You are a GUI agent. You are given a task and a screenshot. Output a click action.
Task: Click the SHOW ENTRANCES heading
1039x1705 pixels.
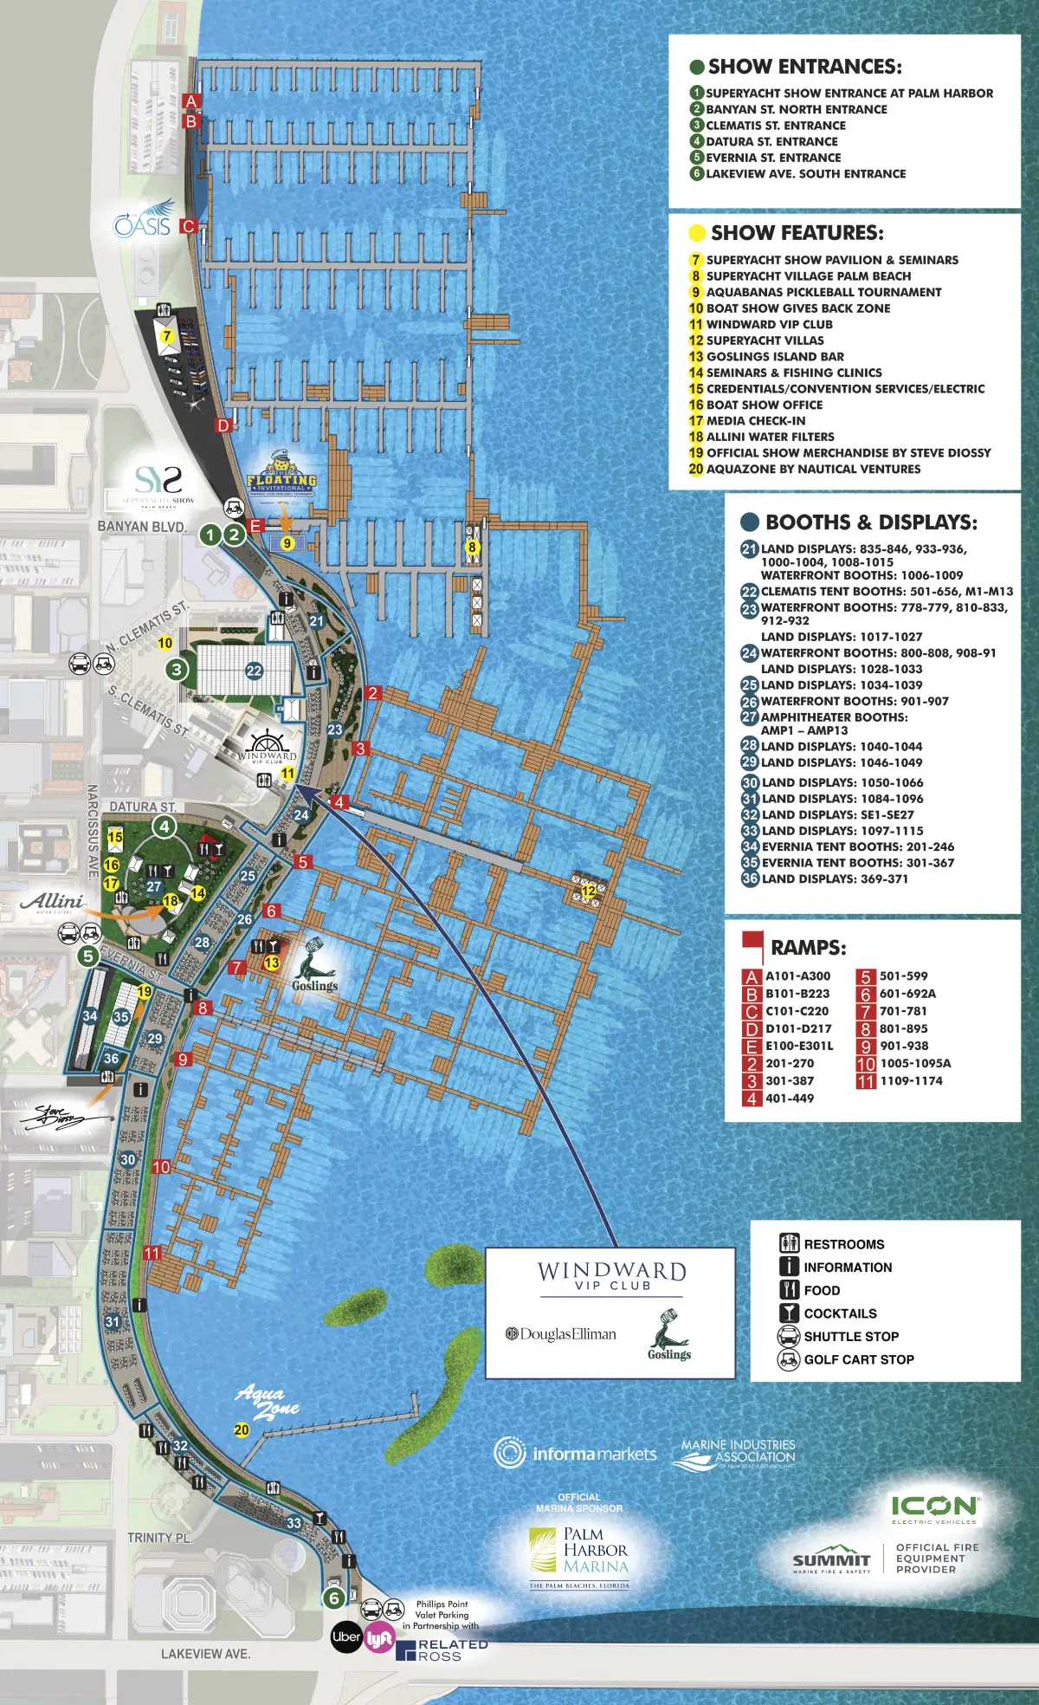(x=804, y=67)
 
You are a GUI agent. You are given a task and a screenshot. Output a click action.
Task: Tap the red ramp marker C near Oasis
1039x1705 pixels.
(x=188, y=226)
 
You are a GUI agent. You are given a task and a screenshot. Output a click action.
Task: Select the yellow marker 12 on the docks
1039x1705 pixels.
(x=589, y=891)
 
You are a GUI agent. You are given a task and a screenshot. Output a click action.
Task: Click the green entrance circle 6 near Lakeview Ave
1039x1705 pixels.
(x=333, y=1598)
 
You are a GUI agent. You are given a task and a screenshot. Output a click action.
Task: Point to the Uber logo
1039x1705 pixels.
(x=346, y=1637)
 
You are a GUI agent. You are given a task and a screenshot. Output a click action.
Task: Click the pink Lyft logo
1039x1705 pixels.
(x=378, y=1638)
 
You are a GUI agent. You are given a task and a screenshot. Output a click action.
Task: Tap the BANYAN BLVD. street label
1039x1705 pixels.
(x=141, y=527)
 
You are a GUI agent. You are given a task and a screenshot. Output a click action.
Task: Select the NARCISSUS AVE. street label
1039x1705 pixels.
(x=93, y=832)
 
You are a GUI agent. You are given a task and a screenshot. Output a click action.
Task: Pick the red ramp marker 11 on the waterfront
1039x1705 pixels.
(x=152, y=1253)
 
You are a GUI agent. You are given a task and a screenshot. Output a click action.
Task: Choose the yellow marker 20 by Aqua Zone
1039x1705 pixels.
(x=242, y=1430)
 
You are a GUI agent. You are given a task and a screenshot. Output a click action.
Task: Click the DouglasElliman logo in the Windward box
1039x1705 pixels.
(x=561, y=1334)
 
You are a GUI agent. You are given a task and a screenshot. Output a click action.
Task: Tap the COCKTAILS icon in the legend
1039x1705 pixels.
(x=789, y=1313)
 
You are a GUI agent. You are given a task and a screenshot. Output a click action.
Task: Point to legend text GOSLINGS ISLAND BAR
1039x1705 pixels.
(x=774, y=356)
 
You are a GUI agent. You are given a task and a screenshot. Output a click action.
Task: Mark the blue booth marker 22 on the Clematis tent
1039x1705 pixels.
(x=254, y=671)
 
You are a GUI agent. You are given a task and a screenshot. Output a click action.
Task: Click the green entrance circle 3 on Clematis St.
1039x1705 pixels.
(x=177, y=669)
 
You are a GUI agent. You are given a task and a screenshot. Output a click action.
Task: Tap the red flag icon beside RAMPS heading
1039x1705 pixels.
(x=752, y=944)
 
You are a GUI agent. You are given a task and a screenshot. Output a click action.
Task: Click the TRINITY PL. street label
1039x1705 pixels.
(x=159, y=1538)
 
